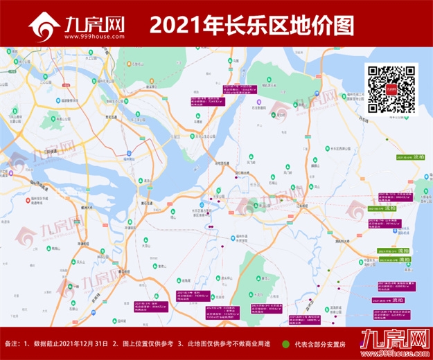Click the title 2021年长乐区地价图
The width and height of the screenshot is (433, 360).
(251, 26)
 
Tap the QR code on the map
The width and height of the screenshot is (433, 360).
(391, 89)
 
